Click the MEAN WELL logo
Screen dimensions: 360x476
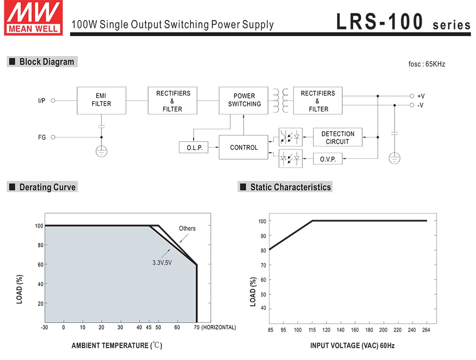pyautogui.click(x=33, y=18)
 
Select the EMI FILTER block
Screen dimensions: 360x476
pyautogui.click(x=101, y=100)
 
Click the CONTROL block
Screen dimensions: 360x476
pyautogui.click(x=244, y=147)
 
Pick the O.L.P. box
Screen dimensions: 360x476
pyautogui.click(x=194, y=148)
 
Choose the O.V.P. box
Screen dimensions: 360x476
pyautogui.click(x=328, y=159)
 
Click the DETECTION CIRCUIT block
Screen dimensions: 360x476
pyautogui.click(x=337, y=138)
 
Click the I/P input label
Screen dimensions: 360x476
pyautogui.click(x=42, y=101)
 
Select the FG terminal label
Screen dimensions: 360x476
pyautogui.click(x=42, y=137)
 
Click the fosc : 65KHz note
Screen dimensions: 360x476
pyautogui.click(x=426, y=64)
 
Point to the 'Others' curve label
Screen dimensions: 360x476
pyautogui.click(x=187, y=229)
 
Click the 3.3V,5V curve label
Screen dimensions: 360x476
pyautogui.click(x=162, y=262)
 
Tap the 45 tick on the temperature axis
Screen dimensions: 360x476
pyautogui.click(x=149, y=328)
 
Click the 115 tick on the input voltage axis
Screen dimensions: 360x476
pyautogui.click(x=312, y=330)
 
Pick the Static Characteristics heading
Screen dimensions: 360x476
pyautogui.click(x=290, y=187)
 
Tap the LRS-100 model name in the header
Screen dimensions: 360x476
pyautogui.click(x=379, y=22)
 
